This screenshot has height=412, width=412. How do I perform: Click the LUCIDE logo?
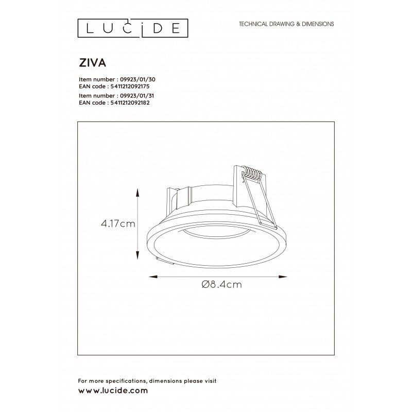pos(133,28)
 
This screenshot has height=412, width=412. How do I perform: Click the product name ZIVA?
pos(93,63)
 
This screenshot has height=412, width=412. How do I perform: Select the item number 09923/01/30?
pos(138,79)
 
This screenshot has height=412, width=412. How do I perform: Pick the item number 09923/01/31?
pos(136,96)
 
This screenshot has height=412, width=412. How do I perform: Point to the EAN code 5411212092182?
pos(130,102)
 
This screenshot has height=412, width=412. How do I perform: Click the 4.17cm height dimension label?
pos(118,224)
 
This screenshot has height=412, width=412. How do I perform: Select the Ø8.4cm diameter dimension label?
pos(221,284)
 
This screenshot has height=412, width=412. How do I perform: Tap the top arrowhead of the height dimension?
pos(137,193)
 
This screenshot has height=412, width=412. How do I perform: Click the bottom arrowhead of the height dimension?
pos(137,255)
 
